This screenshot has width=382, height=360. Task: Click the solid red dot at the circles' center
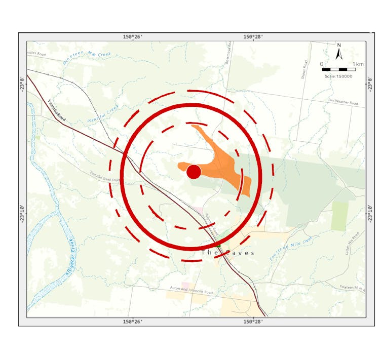point(194,172)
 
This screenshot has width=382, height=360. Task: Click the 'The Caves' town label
point(227,252)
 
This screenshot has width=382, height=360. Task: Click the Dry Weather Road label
point(343,102)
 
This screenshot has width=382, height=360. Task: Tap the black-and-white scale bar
point(339,69)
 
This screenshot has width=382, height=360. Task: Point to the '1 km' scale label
point(358,64)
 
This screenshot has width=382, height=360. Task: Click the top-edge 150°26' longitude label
point(133,36)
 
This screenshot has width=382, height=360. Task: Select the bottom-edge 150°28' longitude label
point(253,321)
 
